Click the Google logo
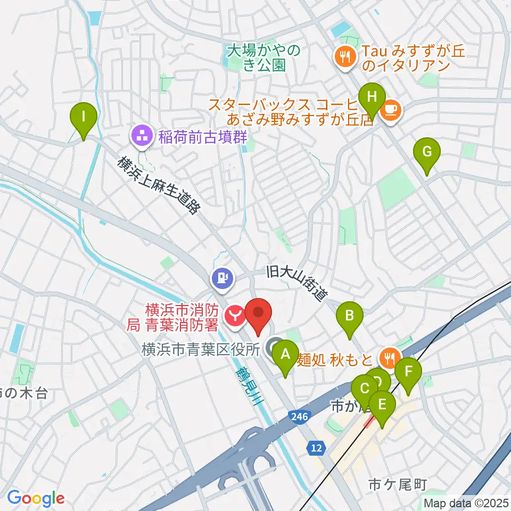[x=36, y=499]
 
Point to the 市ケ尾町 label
[x=391, y=485]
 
